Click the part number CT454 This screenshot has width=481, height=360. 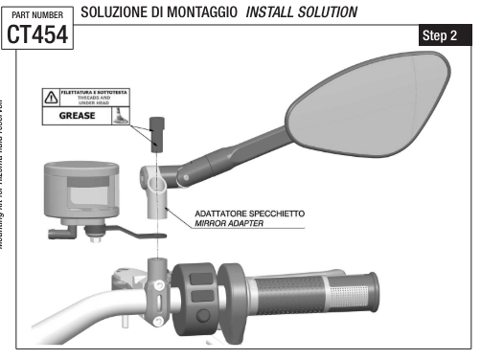(37, 34)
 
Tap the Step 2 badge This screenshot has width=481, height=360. (439, 35)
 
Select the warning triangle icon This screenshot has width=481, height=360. (50, 96)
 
